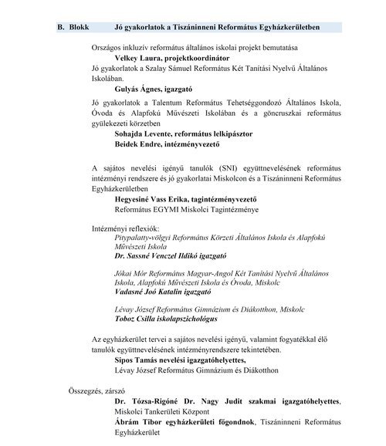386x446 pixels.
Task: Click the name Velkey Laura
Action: (140, 58)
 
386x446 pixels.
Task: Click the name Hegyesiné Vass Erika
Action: (155, 198)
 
